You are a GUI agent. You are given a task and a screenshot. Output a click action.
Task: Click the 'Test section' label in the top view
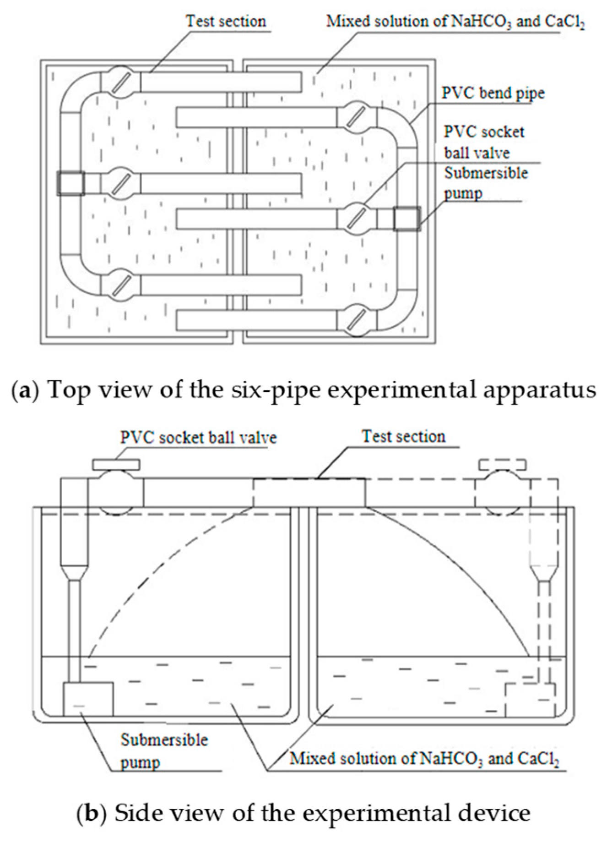click(x=226, y=22)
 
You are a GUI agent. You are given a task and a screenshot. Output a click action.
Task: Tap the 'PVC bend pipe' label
click(x=493, y=93)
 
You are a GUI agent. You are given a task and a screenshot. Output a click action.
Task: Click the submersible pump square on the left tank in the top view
click(x=71, y=183)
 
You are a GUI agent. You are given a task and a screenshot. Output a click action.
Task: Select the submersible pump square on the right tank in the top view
click(x=406, y=219)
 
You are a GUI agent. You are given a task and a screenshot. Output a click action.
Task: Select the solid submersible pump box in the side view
click(x=88, y=699)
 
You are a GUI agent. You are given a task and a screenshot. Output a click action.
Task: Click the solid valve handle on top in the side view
click(x=116, y=465)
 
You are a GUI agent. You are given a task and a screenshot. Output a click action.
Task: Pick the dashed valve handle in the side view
click(x=503, y=465)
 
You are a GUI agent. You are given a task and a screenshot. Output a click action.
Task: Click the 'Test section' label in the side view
click(x=403, y=436)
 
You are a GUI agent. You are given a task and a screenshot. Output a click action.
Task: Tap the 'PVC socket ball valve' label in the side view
click(x=199, y=437)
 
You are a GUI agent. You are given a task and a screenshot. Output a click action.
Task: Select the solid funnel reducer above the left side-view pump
click(x=74, y=573)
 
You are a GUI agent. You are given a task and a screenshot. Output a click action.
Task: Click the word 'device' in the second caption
click(x=490, y=813)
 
